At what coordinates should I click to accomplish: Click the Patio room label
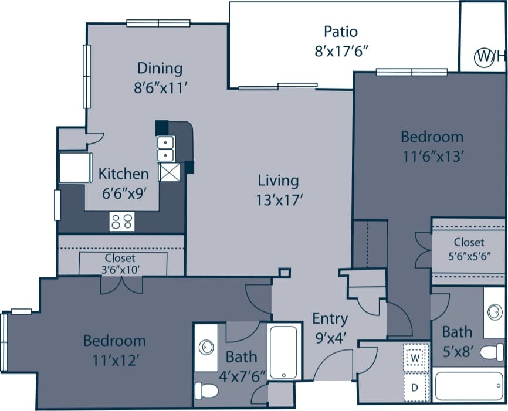(340, 31)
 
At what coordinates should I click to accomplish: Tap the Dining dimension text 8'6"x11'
(160, 89)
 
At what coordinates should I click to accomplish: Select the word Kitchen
(123, 174)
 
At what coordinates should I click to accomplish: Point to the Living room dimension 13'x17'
(279, 199)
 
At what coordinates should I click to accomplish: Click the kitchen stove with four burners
(122, 222)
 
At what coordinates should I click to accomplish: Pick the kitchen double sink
(165, 148)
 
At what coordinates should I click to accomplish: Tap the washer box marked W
(415, 357)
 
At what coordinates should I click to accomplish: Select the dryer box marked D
(415, 387)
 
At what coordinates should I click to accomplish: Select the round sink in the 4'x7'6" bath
(206, 348)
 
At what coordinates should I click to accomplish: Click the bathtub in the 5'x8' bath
(468, 385)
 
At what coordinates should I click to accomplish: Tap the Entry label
(330, 319)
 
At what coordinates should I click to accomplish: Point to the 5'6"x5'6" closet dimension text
(468, 255)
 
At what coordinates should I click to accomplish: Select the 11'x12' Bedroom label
(114, 341)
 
